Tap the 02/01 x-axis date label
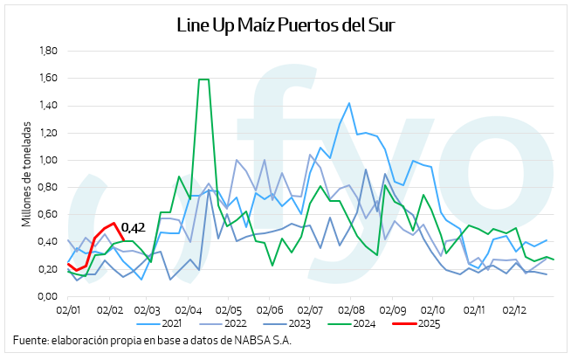(68, 309)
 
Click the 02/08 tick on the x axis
(351, 309)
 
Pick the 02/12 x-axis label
(514, 309)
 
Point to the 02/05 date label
(229, 309)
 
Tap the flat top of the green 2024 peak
(203, 80)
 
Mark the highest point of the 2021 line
(349, 103)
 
